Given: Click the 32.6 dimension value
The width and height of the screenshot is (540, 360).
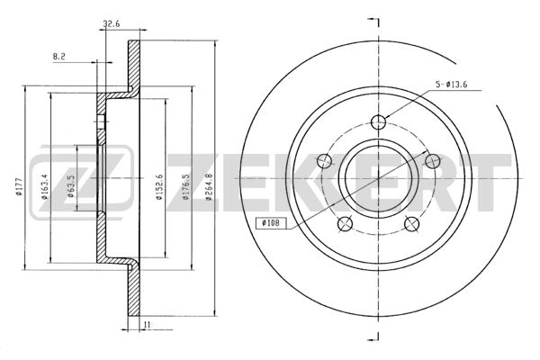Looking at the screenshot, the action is point(112,23).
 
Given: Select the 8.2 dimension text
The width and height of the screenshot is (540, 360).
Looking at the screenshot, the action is point(58,57).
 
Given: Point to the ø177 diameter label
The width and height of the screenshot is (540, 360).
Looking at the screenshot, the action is point(19,186).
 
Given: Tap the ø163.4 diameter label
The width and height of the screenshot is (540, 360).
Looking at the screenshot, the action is point(44,187).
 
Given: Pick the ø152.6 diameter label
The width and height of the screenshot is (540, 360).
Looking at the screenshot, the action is point(159,187).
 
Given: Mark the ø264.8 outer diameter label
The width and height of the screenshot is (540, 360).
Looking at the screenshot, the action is point(208,187).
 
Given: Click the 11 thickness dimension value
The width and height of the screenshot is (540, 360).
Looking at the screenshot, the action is point(148,325).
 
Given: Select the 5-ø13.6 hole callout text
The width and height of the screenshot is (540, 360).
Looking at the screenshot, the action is point(451,85).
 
